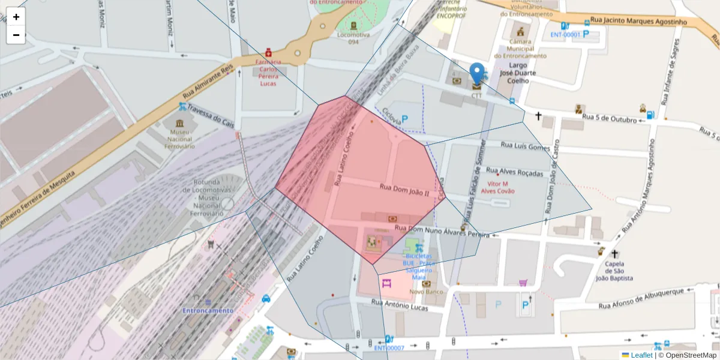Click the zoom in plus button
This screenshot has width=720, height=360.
(16, 17)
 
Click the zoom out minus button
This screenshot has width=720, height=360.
(16, 35)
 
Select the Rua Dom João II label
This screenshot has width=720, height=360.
(404, 190)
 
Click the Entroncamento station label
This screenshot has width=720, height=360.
(208, 310)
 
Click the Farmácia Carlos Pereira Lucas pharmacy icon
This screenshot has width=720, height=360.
(268, 52)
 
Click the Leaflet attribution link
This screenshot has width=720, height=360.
(641, 355)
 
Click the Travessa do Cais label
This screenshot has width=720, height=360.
(210, 115)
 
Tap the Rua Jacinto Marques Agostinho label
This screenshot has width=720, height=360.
(638, 21)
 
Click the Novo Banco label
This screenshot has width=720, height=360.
(426, 292)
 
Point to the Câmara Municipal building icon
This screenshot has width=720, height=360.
(520, 31)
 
